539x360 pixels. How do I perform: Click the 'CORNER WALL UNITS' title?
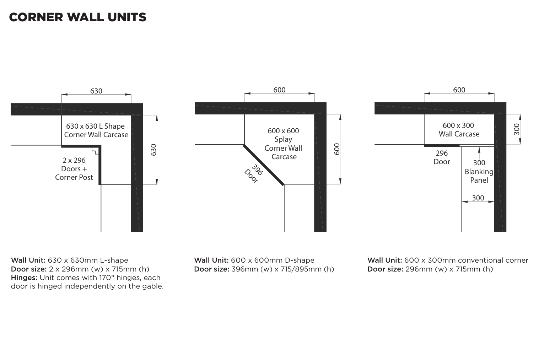click(77, 17)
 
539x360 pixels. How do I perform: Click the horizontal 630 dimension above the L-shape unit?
click(96, 91)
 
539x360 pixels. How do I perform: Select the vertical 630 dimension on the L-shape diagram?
click(153, 150)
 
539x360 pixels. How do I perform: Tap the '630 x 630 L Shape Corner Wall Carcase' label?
click(96, 130)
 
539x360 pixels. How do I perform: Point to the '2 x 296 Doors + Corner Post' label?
click(74, 169)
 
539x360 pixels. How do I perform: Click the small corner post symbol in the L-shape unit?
click(95, 151)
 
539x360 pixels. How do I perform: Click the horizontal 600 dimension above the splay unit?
click(279, 90)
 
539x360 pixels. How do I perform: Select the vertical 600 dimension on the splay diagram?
click(337, 149)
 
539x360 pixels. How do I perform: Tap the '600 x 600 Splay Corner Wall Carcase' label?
click(283, 144)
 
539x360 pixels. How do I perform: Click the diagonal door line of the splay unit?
click(264, 165)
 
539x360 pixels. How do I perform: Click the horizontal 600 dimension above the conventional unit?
click(459, 90)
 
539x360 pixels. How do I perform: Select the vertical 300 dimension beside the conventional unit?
click(517, 129)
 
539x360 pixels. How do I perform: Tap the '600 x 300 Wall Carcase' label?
click(459, 130)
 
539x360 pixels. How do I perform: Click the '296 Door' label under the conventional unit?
click(442, 157)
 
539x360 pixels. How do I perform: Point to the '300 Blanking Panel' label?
click(479, 172)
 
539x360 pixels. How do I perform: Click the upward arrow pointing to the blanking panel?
click(479, 152)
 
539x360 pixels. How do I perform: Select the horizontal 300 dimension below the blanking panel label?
click(478, 198)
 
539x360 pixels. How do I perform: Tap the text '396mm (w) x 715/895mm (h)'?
click(282, 269)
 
